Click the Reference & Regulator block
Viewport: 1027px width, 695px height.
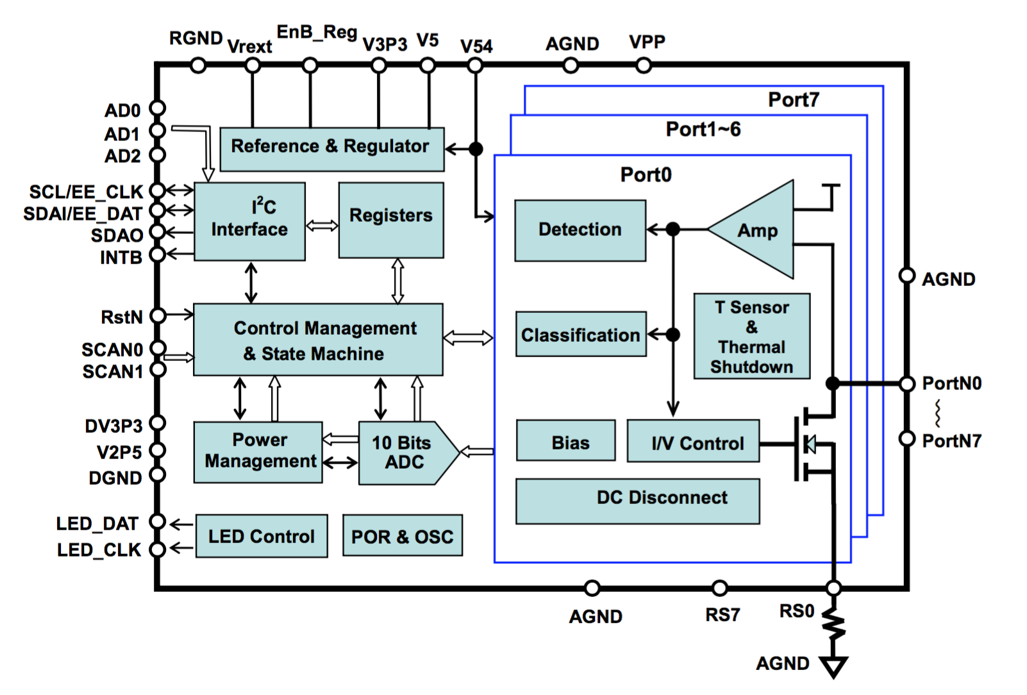click(x=331, y=149)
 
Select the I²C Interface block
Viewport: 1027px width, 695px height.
click(x=249, y=221)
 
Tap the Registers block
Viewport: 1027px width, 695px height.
click(x=391, y=220)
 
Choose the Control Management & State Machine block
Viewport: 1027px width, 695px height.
click(x=318, y=339)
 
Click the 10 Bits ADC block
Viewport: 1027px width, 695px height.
click(x=404, y=453)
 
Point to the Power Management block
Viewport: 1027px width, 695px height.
click(x=258, y=452)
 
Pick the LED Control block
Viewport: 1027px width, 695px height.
click(x=262, y=536)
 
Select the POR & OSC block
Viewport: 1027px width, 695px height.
click(x=402, y=535)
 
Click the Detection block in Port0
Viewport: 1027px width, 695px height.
click(x=580, y=230)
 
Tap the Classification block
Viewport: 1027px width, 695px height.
click(x=581, y=334)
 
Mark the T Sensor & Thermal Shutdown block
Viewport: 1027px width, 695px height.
click(x=752, y=337)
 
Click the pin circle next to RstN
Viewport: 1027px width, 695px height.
click(x=158, y=315)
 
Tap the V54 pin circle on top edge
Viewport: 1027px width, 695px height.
click(x=475, y=65)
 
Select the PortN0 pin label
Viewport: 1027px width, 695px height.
click(x=951, y=383)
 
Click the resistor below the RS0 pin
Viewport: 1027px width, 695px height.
click(x=834, y=624)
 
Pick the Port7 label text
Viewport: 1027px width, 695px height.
click(x=794, y=100)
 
